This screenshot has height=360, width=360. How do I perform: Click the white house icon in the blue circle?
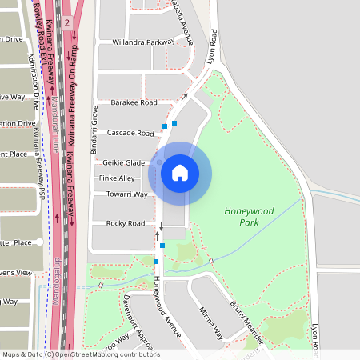[179, 173]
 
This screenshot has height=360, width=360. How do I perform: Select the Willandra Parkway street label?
[143, 41]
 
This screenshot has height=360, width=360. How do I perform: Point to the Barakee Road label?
[134, 103]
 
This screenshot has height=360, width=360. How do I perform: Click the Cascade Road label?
[130, 133]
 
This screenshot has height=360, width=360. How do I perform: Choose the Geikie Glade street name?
[123, 162]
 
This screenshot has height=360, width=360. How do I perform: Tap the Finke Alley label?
[117, 178]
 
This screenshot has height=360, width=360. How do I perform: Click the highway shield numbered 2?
[67, 22]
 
